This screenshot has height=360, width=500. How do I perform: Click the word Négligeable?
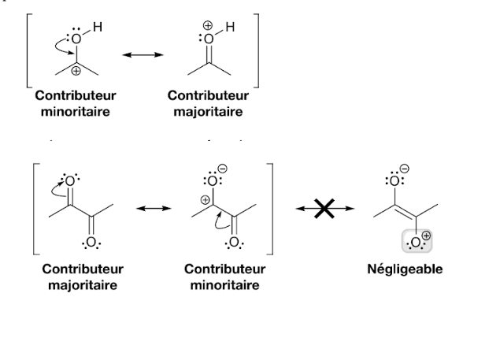pos(405,269)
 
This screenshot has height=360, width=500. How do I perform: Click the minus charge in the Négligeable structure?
pos(405,168)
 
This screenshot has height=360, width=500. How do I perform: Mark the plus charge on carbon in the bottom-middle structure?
pos(206,200)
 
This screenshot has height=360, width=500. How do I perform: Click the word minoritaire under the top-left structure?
pos(75,111)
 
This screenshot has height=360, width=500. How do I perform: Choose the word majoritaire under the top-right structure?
pos(208,111)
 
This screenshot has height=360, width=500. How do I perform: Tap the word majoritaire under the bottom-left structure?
pos(83,284)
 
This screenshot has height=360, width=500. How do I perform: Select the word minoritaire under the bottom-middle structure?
pos(224,284)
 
